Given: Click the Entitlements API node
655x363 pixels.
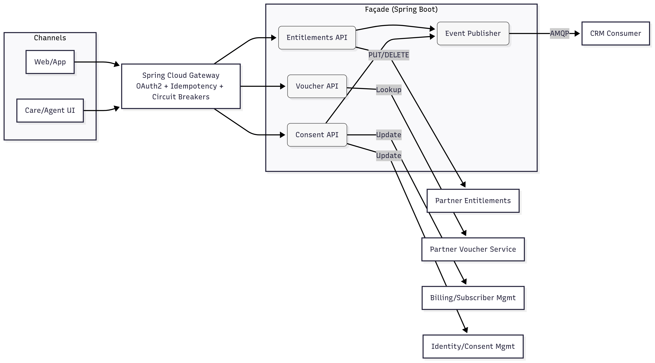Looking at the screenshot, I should click(317, 38).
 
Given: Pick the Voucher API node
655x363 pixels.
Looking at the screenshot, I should click(317, 86).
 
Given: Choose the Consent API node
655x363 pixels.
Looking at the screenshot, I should click(317, 135).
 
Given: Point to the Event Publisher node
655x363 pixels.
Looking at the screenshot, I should click(473, 33).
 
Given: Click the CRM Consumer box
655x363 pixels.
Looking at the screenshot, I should click(615, 33).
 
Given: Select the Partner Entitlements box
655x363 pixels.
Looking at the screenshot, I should click(473, 201).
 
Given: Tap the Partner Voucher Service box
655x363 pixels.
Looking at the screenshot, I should click(473, 249).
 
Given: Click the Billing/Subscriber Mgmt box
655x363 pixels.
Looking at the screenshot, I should click(473, 298).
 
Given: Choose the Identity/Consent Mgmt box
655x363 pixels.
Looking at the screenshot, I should click(473, 346).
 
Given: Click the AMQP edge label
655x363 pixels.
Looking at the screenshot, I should click(559, 33).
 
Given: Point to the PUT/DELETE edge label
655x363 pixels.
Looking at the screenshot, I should click(389, 55).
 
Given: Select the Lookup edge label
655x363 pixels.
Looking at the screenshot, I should click(389, 90).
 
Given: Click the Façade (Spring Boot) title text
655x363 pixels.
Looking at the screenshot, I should click(401, 9).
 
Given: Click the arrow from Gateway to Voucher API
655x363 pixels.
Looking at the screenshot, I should click(262, 86).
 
